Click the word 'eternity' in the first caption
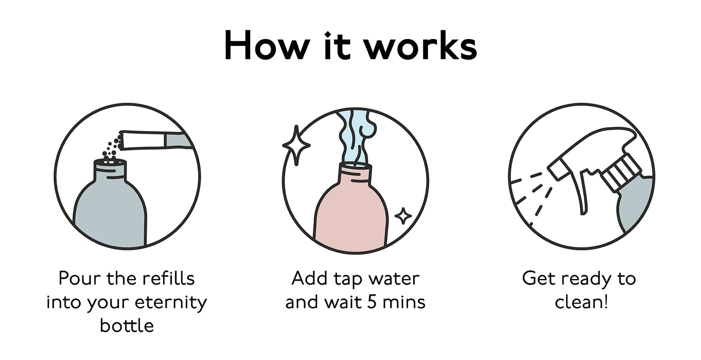tap(171, 303)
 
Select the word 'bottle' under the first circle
tap(127, 325)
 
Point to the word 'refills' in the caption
tap(169, 278)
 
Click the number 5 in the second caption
tap(372, 303)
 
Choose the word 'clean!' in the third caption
tap(581, 303)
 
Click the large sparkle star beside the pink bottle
tap(296, 145)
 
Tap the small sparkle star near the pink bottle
tap(403, 216)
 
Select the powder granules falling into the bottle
tap(112, 148)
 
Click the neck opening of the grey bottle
tap(110, 162)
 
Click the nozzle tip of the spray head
tap(556, 169)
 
